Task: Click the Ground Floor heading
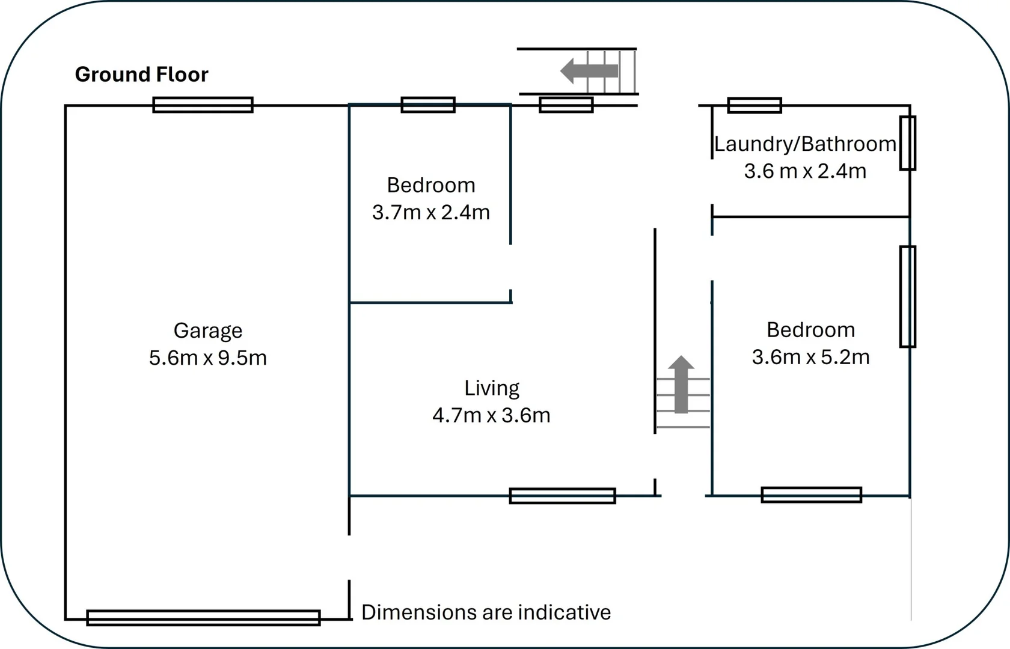pyautogui.click(x=141, y=75)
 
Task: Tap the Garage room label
pyautogui.click(x=208, y=331)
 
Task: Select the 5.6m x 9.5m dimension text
pyautogui.click(x=208, y=358)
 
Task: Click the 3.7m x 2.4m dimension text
pyautogui.click(x=431, y=212)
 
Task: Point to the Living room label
pyautogui.click(x=492, y=388)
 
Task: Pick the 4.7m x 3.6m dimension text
pyautogui.click(x=491, y=415)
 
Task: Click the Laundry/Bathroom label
pyautogui.click(x=805, y=144)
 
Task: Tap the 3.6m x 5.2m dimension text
pyautogui.click(x=810, y=357)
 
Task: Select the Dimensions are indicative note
pyautogui.click(x=486, y=612)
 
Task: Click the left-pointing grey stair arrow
pyautogui.click(x=589, y=71)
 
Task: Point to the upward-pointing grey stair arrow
pyautogui.click(x=681, y=385)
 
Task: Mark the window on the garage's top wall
pyautogui.click(x=203, y=105)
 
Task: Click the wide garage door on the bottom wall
pyautogui.click(x=203, y=618)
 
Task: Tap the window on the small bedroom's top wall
pyautogui.click(x=428, y=105)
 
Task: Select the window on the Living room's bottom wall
pyautogui.click(x=562, y=496)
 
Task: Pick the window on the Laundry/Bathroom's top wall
pyautogui.click(x=754, y=105)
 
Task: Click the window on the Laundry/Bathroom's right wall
pyautogui.click(x=908, y=144)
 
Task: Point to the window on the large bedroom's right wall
pyautogui.click(x=908, y=296)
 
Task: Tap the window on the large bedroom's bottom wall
pyautogui.click(x=811, y=495)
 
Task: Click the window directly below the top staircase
pyautogui.click(x=566, y=105)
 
